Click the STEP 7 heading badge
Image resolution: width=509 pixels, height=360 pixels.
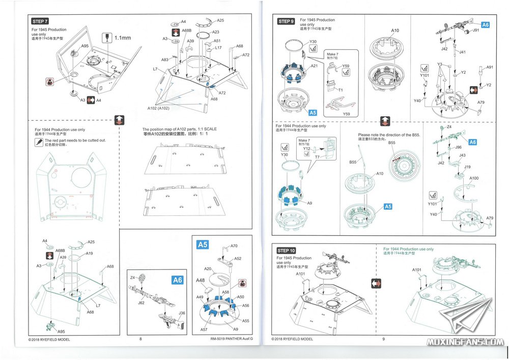pyautogui.click(x=40, y=21)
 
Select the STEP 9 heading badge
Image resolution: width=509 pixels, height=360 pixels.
pyautogui.click(x=286, y=21)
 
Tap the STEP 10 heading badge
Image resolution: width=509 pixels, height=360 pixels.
pyautogui.click(x=286, y=251)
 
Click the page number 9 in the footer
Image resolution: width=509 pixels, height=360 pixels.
pyautogui.click(x=383, y=339)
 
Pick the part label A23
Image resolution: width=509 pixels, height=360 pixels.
pyautogui.click(x=215, y=32)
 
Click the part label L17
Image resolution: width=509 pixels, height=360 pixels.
pyautogui.click(x=218, y=48)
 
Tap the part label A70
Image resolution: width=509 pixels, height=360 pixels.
pyautogui.click(x=234, y=246)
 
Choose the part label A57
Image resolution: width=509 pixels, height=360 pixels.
pyautogui.click(x=204, y=330)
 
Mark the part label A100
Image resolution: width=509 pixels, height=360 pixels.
pyautogui.click(x=474, y=178)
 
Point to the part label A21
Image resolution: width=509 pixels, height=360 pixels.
pyautogui.click(x=314, y=66)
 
